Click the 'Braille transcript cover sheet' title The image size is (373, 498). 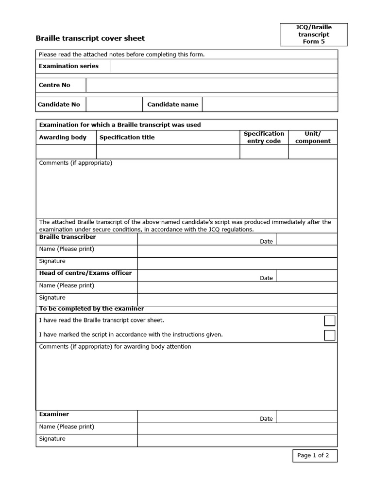click(90, 38)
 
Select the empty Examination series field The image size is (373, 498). click(223, 66)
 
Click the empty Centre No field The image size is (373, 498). click(211, 85)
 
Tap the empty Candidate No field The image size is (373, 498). click(114, 105)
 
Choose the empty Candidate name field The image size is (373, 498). click(270, 105)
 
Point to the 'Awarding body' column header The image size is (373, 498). click(63, 137)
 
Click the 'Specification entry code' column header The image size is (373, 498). click(264, 137)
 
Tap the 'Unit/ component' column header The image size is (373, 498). click(313, 137)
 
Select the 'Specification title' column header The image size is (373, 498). click(127, 137)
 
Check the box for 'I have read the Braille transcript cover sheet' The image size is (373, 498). click(329, 320)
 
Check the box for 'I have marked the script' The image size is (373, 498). click(329, 335)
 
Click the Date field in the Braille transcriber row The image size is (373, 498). click(306, 239)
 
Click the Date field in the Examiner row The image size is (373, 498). click(306, 417)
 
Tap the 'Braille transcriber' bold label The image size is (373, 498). click(68, 237)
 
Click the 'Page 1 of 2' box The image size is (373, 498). click(313, 456)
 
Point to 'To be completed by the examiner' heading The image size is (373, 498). click(91, 309)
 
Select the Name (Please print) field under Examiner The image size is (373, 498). click(237, 428)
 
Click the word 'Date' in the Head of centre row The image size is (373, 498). click(266, 278)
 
